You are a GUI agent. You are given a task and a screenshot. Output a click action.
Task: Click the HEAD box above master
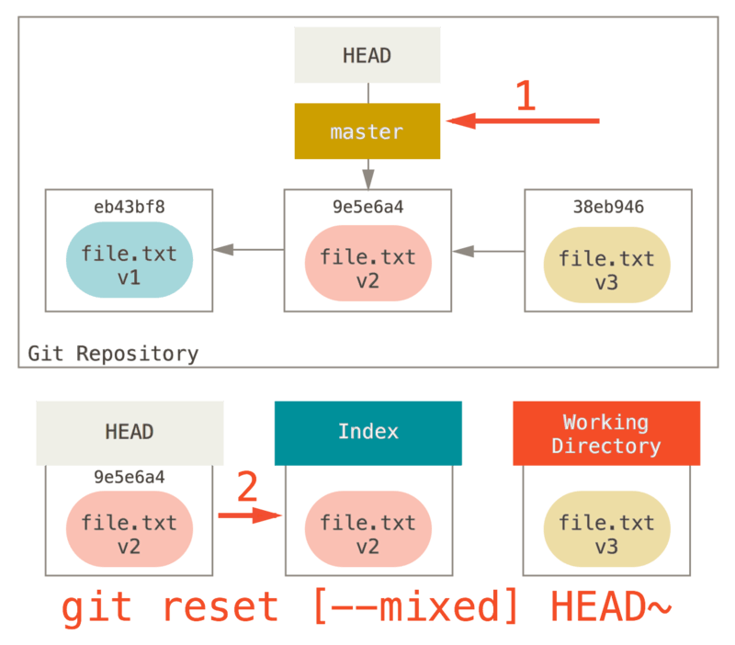tap(367, 55)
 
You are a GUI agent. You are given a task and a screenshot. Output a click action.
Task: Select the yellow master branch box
tap(367, 131)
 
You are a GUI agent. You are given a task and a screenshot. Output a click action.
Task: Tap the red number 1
tap(525, 96)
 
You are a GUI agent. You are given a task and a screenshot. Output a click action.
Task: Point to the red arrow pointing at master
tap(524, 120)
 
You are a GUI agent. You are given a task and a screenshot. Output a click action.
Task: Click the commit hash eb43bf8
tap(129, 207)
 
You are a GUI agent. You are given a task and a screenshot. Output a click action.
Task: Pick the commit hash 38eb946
tap(606, 207)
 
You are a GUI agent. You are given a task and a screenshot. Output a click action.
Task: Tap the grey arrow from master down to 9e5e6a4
tap(367, 173)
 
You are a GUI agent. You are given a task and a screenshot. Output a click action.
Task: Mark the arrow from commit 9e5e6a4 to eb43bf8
tap(248, 249)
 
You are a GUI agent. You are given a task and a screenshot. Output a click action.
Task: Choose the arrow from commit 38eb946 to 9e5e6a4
tap(487, 249)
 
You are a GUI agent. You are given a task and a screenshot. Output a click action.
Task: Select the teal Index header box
tap(367, 432)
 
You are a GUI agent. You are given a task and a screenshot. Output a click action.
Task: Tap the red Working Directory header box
tap(605, 433)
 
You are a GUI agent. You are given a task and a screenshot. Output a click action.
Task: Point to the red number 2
tap(247, 488)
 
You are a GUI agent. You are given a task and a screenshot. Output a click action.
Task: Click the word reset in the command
tap(220, 607)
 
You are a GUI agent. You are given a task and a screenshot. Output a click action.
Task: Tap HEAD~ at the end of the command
tap(611, 607)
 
